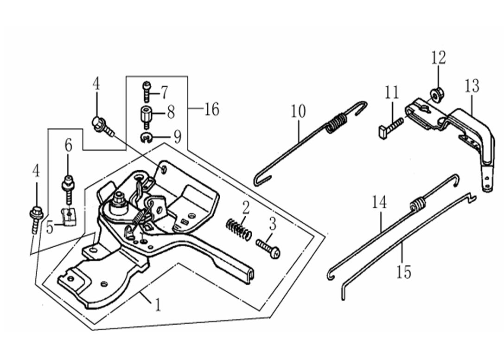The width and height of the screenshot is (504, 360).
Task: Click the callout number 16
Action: (x=211, y=110)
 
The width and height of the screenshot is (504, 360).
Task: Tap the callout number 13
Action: (x=472, y=86)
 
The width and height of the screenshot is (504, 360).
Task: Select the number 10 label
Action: (x=299, y=111)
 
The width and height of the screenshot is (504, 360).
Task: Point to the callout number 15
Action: (x=404, y=272)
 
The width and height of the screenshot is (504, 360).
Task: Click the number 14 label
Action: (x=379, y=203)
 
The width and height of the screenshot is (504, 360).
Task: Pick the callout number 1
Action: (x=158, y=305)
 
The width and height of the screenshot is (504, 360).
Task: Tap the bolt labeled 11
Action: (x=391, y=126)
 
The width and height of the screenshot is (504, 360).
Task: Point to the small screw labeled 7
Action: (x=147, y=91)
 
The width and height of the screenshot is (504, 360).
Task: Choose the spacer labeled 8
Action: (x=147, y=114)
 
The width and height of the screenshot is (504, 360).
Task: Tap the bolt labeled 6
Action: (x=69, y=188)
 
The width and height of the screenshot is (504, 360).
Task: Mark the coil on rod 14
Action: (x=418, y=204)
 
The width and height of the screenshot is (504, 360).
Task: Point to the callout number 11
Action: (x=392, y=92)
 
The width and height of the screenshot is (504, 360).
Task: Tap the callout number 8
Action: (x=171, y=112)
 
